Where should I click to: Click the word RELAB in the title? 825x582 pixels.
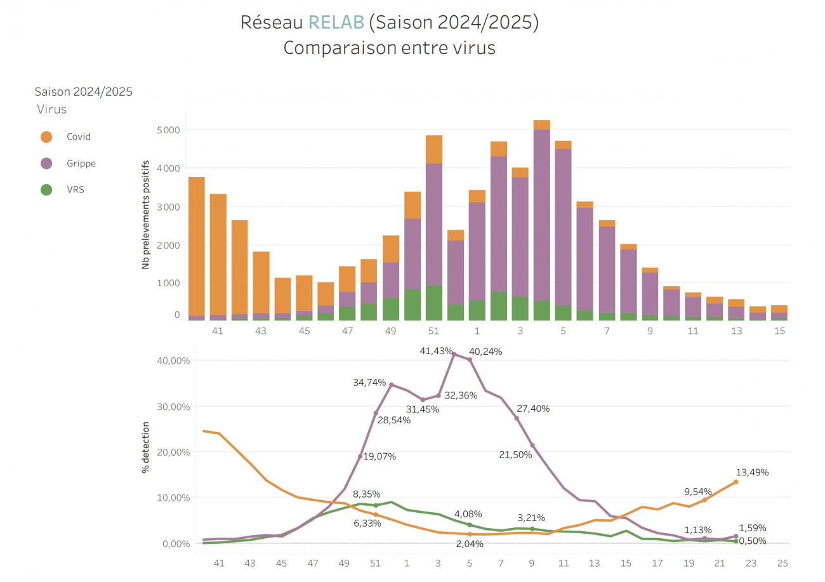[336, 22]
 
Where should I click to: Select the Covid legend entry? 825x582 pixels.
[79, 136]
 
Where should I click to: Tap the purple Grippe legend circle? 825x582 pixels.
[46, 163]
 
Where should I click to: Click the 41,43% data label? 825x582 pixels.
[437, 351]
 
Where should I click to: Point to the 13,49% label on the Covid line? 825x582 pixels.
[752, 472]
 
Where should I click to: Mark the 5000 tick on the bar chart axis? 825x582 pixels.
[168, 130]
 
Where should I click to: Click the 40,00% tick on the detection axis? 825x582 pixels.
[173, 360]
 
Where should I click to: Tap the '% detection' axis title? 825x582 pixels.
[146, 446]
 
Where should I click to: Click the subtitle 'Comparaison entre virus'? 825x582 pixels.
[389, 48]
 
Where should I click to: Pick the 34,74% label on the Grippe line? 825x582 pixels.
[370, 382]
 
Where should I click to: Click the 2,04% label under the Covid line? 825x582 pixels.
[469, 544]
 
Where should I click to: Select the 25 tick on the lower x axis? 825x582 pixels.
[782, 563]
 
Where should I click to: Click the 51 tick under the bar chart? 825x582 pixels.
[433, 331]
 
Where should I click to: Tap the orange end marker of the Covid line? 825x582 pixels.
[736, 482]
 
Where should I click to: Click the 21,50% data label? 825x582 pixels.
[515, 454]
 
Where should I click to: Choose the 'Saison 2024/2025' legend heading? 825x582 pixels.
[83, 92]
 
